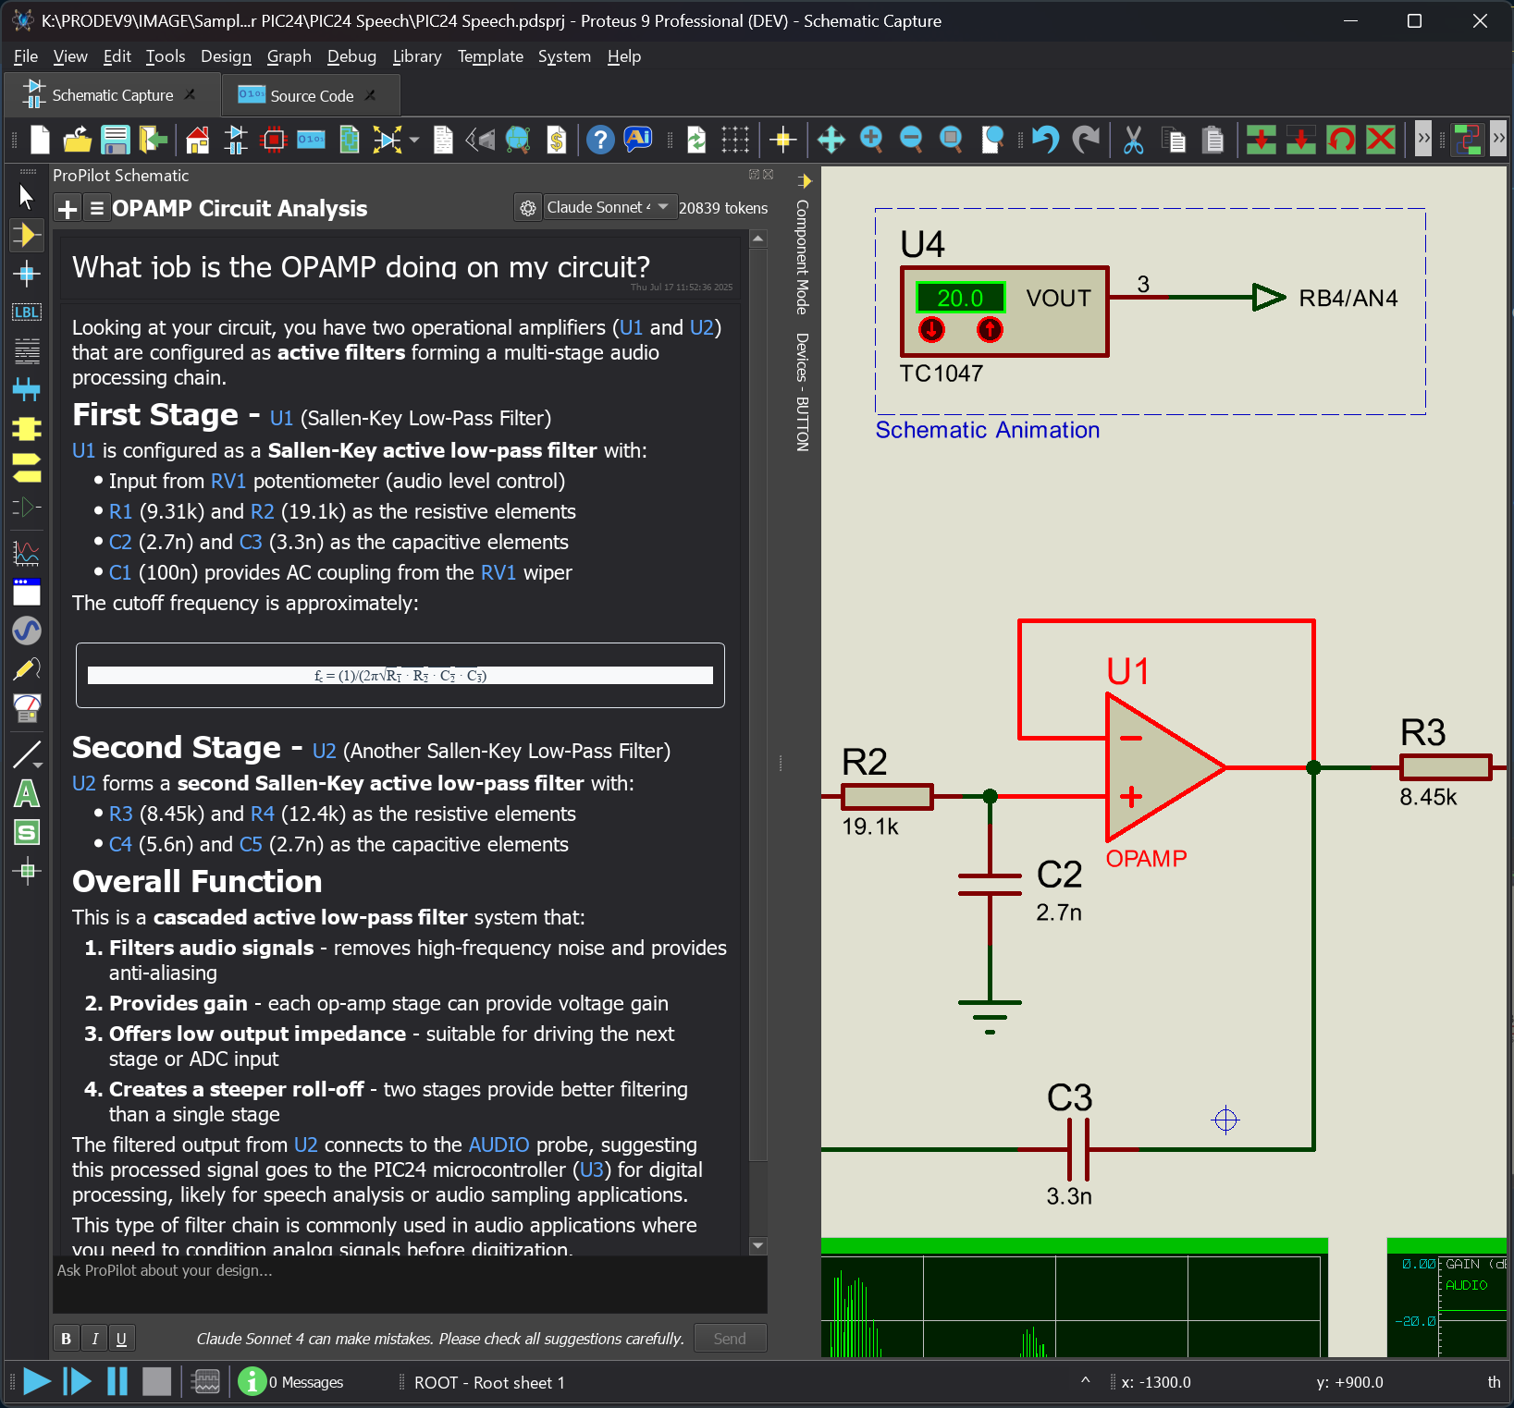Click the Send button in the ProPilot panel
point(729,1338)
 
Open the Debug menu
point(351,56)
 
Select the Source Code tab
point(310,96)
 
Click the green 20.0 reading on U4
point(959,299)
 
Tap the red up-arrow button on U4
point(990,329)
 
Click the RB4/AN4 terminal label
point(1348,299)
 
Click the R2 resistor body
point(887,796)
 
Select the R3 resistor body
point(1445,767)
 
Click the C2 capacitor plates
point(990,885)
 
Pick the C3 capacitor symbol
point(1077,1149)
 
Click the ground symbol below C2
point(990,1012)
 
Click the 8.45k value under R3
point(1427,798)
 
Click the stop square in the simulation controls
point(156,1382)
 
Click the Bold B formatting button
point(66,1338)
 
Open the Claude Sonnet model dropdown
point(606,208)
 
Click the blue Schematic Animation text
point(987,430)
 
